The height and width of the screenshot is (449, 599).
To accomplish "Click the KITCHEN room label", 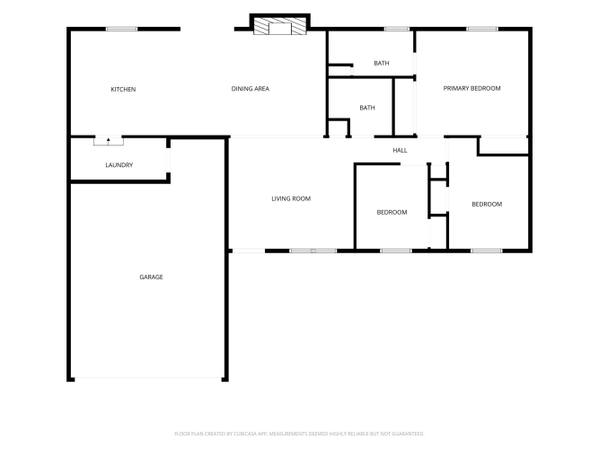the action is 123,90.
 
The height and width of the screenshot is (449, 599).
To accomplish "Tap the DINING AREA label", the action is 251,89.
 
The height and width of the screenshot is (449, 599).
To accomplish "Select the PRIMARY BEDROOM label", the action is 471,88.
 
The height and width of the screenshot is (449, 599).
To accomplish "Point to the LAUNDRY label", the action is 119,165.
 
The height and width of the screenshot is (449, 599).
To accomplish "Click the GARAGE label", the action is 151,277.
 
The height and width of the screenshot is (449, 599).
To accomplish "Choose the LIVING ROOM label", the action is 291,198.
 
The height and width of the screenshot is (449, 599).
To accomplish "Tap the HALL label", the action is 400,151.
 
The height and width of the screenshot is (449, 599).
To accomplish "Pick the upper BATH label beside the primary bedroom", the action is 382,64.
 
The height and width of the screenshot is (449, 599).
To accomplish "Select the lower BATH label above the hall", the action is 367,108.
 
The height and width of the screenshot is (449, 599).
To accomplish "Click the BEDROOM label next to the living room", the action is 392,213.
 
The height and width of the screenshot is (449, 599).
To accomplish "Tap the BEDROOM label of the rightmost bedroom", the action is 487,205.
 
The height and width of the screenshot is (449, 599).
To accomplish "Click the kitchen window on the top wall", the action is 121,29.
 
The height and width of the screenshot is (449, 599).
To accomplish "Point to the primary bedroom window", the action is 482,29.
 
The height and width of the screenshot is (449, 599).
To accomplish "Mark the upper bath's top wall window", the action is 397,29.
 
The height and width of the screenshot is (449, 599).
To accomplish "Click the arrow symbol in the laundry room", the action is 109,141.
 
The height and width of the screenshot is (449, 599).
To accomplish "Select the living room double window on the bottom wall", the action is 313,251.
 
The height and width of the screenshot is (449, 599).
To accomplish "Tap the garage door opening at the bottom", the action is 148,379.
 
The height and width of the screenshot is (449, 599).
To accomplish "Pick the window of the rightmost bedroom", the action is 487,251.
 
